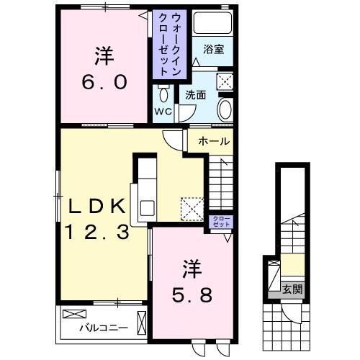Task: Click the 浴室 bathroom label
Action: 214,49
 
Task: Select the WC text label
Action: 163,112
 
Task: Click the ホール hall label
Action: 215,141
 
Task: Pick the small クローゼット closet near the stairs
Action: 221,222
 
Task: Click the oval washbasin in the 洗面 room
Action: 225,110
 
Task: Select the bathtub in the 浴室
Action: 213,24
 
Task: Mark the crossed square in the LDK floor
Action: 192,209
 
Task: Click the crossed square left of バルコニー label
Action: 73,314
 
